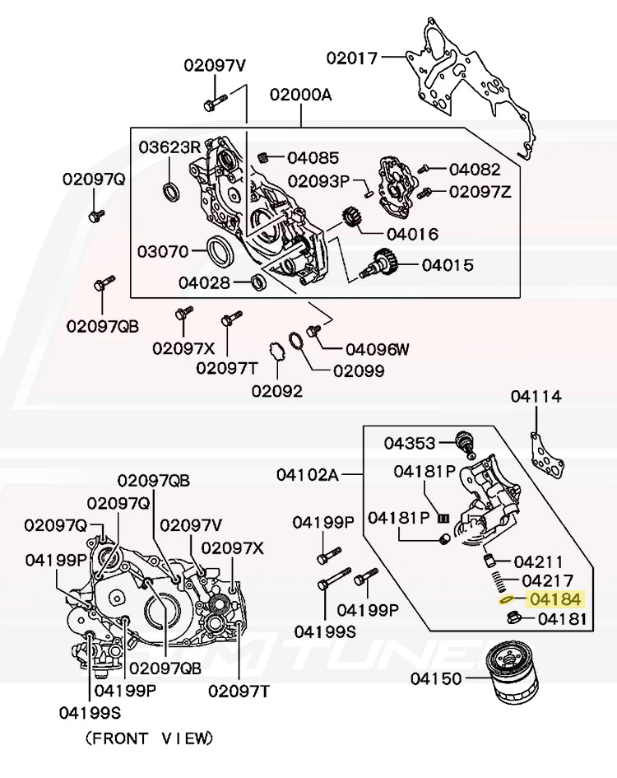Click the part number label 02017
click(x=351, y=58)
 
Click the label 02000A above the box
click(x=300, y=95)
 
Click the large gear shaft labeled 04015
click(x=383, y=265)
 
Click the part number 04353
click(x=409, y=444)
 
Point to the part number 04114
click(x=536, y=397)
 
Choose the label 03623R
click(x=169, y=147)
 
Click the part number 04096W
click(x=377, y=349)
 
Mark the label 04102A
click(x=307, y=475)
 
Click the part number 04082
click(x=474, y=170)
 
